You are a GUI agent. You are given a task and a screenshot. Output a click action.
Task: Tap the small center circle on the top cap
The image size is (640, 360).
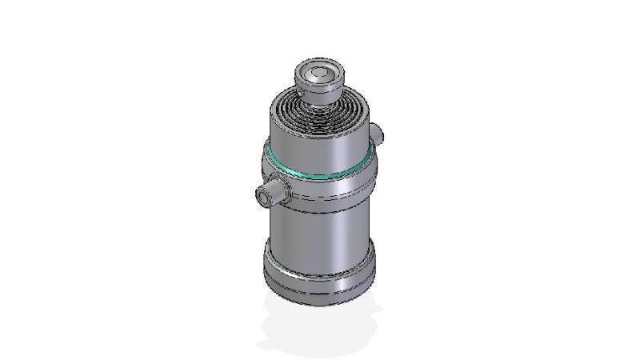tap(318, 73)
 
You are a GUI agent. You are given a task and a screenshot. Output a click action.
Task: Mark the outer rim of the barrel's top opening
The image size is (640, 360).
tap(277, 109)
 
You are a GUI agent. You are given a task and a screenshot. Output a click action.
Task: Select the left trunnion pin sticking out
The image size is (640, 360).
tap(270, 192)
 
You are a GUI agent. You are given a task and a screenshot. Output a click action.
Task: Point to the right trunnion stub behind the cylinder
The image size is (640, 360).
tap(378, 133)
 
